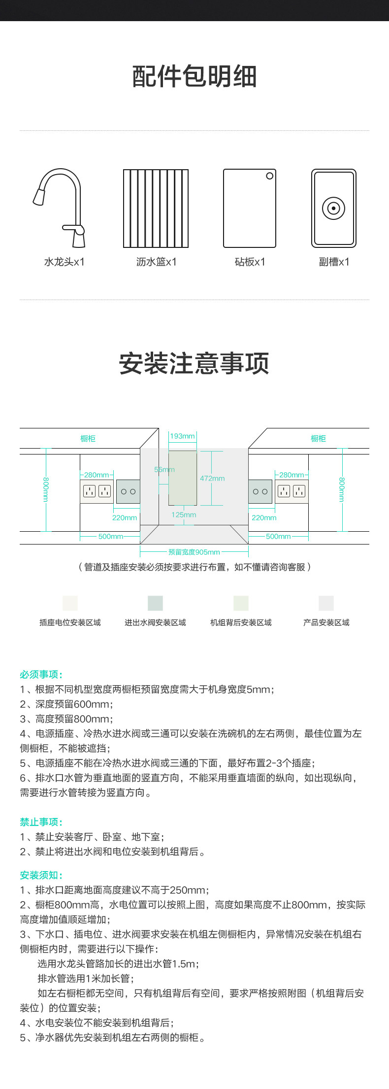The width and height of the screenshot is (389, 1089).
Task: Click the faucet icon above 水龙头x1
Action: tap(60, 207)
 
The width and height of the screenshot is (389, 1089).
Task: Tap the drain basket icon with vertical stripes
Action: tap(156, 208)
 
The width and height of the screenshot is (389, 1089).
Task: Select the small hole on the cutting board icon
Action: tap(269, 176)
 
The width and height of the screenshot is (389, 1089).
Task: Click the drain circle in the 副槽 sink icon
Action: tap(333, 208)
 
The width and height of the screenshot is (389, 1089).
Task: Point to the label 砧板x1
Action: tap(250, 262)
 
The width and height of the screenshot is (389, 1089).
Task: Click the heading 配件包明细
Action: tap(194, 77)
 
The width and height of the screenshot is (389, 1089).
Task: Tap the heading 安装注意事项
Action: tap(194, 363)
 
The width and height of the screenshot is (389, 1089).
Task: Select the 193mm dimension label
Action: tap(182, 436)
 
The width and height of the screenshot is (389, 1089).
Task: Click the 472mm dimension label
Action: tap(212, 478)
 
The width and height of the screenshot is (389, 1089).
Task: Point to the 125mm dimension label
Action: tap(184, 515)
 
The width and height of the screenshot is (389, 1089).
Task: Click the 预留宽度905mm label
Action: tap(194, 552)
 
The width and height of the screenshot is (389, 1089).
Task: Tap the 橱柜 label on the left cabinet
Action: tap(88, 438)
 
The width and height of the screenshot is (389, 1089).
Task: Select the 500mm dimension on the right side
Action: tap(278, 537)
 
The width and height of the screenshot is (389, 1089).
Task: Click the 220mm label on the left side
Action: tap(125, 517)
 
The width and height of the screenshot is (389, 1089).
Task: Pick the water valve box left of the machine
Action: tap(128, 491)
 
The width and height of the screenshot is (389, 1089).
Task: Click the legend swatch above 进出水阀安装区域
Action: tap(155, 603)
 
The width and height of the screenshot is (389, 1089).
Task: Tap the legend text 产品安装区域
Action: tap(326, 623)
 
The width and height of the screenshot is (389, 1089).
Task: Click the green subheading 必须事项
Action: tap(41, 674)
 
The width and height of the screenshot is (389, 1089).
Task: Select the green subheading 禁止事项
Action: tap(41, 822)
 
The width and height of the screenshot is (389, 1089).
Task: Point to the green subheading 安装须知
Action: tap(41, 875)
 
